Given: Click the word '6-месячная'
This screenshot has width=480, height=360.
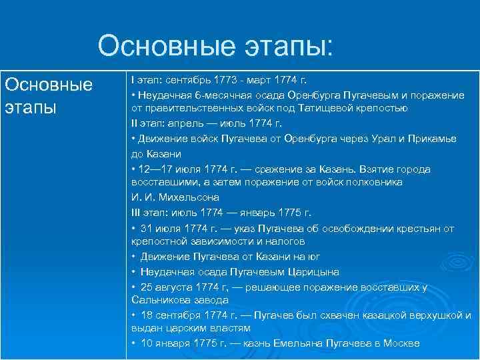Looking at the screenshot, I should click(205, 95).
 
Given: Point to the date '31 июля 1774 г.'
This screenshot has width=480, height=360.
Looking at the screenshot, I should click(175, 228).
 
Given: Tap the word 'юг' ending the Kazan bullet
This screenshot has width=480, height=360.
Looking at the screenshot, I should click(313, 256).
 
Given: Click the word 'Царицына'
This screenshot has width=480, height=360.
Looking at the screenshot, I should click(313, 272).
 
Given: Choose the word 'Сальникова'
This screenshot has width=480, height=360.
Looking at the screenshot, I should click(160, 300).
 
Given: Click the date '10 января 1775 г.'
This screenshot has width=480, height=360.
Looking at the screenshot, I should click(180, 343).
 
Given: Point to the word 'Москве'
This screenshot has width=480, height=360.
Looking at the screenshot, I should click(401, 343).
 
